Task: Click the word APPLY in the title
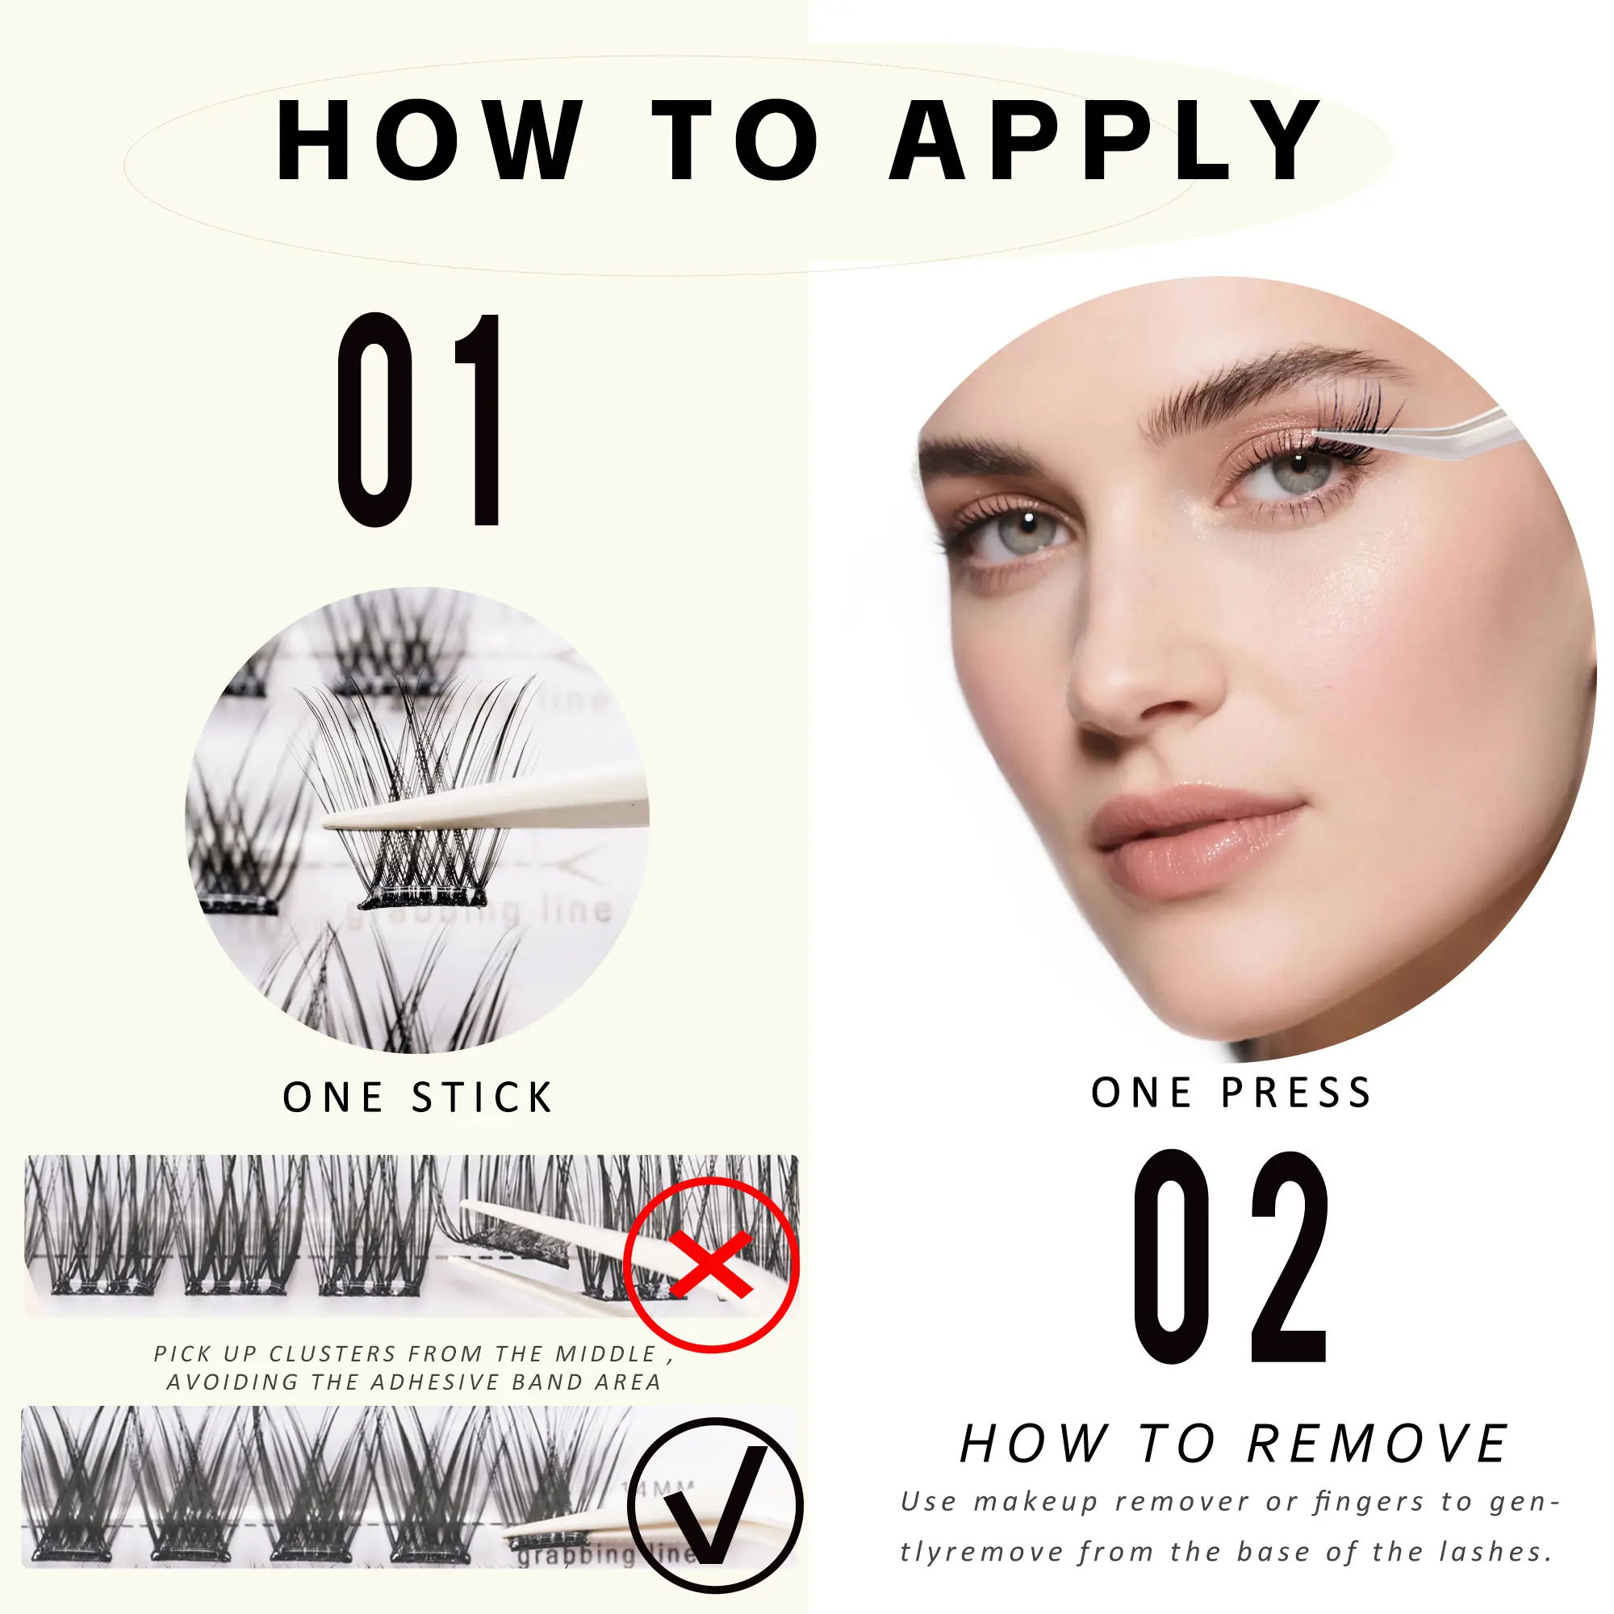tap(1106, 140)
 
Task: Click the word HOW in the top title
tap(429, 140)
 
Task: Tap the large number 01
tap(420, 420)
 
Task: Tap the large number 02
tap(1231, 1256)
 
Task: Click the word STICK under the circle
tap(483, 1098)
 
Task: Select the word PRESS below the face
tap(1297, 1093)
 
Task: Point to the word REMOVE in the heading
tap(1378, 1444)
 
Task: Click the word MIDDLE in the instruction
tap(606, 1353)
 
